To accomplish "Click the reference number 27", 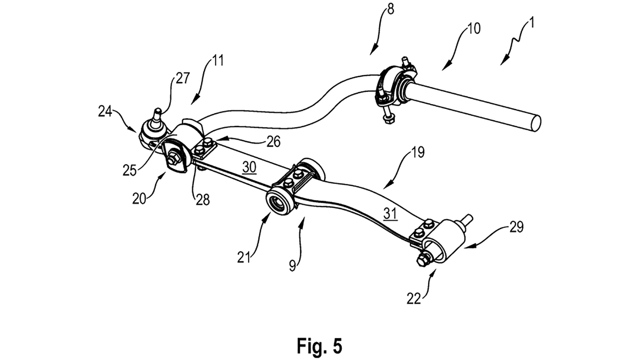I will pyautogui.click(x=182, y=78).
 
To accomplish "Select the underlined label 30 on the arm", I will pyautogui.click(x=249, y=167).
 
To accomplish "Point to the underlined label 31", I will pyautogui.click(x=390, y=213).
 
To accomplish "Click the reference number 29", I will pyautogui.click(x=516, y=227).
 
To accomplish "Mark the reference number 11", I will pyautogui.click(x=218, y=61).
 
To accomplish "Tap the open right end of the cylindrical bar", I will pyautogui.click(x=535, y=123).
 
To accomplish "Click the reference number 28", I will pyautogui.click(x=202, y=199).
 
